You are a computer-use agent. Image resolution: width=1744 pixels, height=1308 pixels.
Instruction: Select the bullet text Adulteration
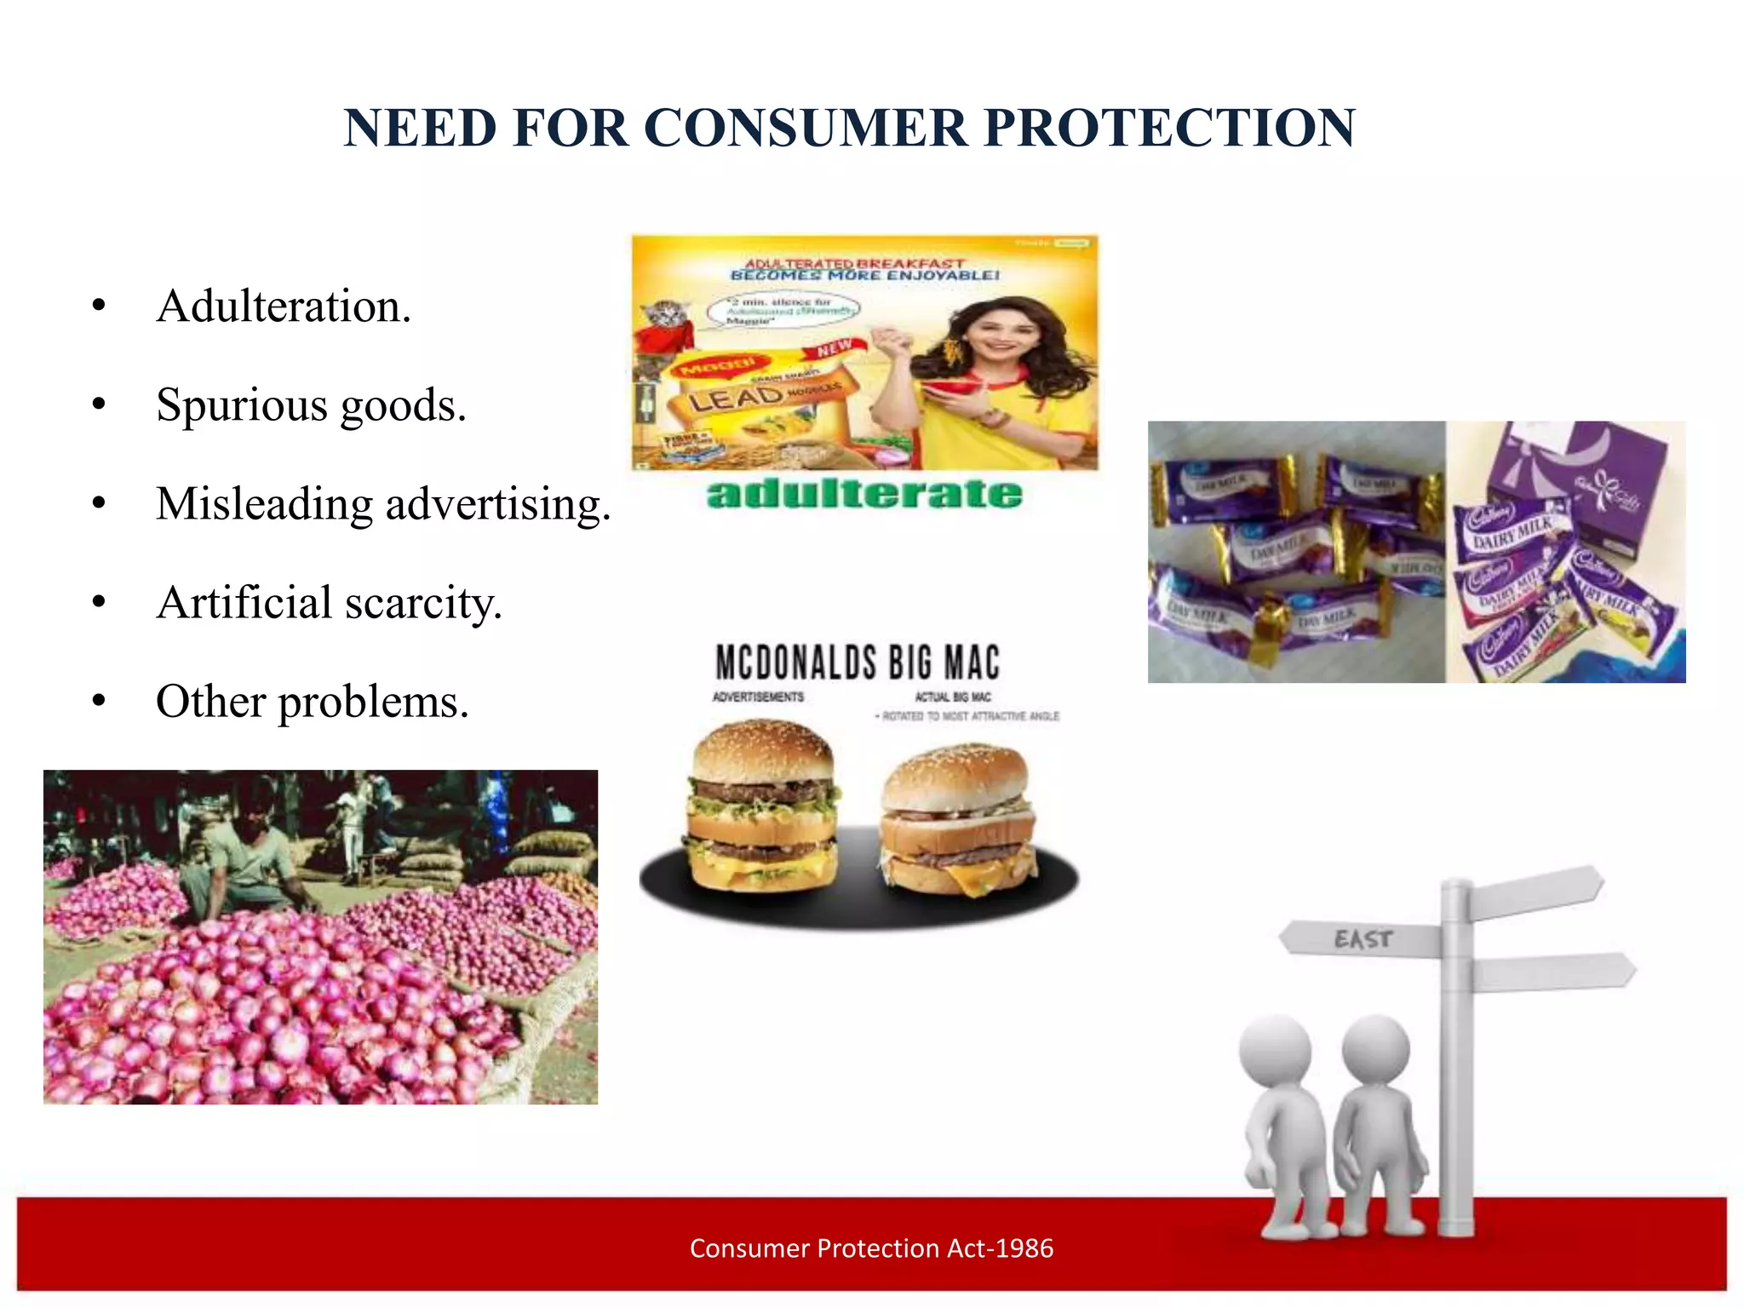point(284,306)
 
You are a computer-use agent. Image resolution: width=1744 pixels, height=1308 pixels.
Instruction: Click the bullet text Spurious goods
point(311,404)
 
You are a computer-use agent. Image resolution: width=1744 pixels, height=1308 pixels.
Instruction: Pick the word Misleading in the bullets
point(264,504)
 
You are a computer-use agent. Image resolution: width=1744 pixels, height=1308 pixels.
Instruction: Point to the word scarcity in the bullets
point(423,603)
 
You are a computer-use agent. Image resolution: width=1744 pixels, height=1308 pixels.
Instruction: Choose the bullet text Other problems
point(312,702)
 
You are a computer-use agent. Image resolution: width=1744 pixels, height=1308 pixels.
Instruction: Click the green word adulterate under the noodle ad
point(864,495)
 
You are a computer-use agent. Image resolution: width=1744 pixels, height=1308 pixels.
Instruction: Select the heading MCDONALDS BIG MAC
point(858,663)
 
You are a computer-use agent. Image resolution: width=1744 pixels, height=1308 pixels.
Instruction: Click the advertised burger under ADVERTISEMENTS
point(760,805)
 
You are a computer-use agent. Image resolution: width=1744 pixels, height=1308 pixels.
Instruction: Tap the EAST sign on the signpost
point(1362,939)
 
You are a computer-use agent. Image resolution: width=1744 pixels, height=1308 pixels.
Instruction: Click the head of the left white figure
point(1275,1051)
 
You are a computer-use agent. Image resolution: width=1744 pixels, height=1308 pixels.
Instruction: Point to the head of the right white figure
point(1375,1049)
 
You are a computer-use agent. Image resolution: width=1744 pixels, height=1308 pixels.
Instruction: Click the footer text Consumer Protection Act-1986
point(871,1248)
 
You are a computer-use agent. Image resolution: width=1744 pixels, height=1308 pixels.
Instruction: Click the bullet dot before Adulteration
point(100,306)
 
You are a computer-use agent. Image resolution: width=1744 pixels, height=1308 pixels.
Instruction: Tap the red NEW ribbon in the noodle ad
point(835,348)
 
